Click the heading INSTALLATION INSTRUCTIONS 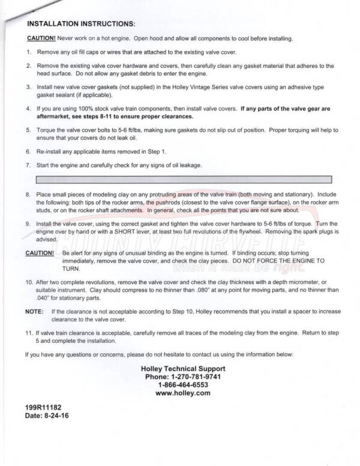coord(82,24)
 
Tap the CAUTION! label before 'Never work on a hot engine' coord(41,38)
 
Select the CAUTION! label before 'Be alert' coord(40,253)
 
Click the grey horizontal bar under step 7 coord(184,179)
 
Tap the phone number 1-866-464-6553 coord(183,385)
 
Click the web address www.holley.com coord(183,393)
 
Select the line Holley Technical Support coord(183,368)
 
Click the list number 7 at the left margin coord(28,165)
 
